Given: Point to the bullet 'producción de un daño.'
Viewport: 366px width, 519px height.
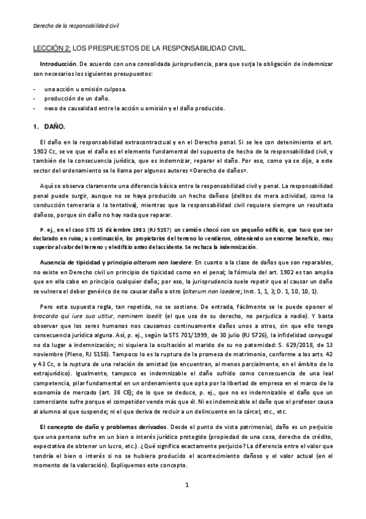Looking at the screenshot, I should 77,99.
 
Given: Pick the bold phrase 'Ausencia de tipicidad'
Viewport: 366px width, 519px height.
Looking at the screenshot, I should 72,262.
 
